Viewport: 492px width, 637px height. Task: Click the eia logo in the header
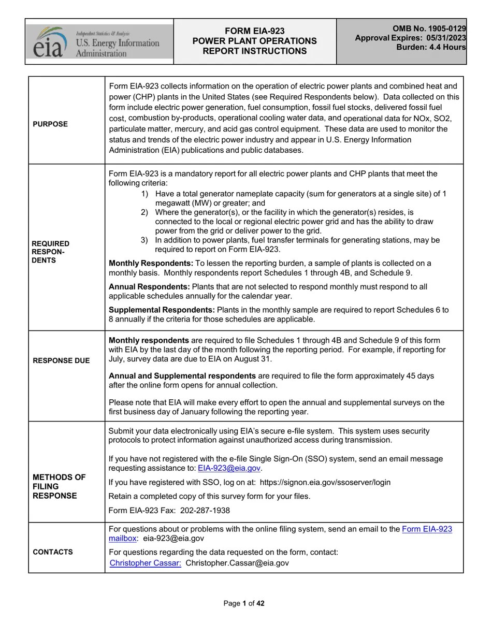50,42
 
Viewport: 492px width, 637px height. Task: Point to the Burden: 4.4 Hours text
431,47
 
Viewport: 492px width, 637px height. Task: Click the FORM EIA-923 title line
254,31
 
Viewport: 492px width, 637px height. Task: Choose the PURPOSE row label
50,124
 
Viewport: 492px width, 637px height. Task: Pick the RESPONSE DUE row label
61,360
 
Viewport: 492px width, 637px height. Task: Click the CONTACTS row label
53,552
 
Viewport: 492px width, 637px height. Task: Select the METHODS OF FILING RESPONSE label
59,486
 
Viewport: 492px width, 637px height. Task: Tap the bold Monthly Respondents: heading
151,264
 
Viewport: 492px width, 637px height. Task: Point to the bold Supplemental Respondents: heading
162,310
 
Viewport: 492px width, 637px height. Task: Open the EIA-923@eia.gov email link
229,468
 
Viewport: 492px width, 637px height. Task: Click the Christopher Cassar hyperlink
146,563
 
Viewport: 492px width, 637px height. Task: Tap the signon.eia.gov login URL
325,483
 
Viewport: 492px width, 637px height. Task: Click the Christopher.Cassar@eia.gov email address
237,563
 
